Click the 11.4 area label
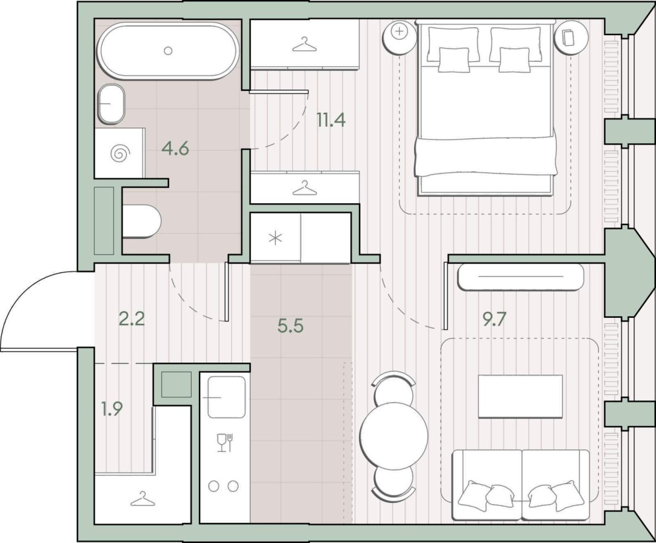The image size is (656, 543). (331, 120)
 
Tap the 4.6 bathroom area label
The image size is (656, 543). (176, 148)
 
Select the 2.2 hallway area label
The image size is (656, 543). (132, 320)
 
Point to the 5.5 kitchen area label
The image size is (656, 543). (290, 326)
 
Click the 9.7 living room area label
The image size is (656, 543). (494, 320)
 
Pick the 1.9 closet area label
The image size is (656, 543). (112, 408)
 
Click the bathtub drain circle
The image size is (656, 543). (168, 51)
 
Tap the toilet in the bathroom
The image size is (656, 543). (142, 221)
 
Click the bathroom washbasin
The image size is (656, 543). (111, 104)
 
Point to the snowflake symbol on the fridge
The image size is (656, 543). (275, 239)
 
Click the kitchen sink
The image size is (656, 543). (227, 397)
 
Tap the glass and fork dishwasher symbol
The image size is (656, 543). (225, 442)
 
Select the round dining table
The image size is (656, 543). (394, 436)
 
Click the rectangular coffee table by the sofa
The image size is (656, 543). (520, 396)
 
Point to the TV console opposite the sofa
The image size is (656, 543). (521, 277)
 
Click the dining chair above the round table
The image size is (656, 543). (394, 387)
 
